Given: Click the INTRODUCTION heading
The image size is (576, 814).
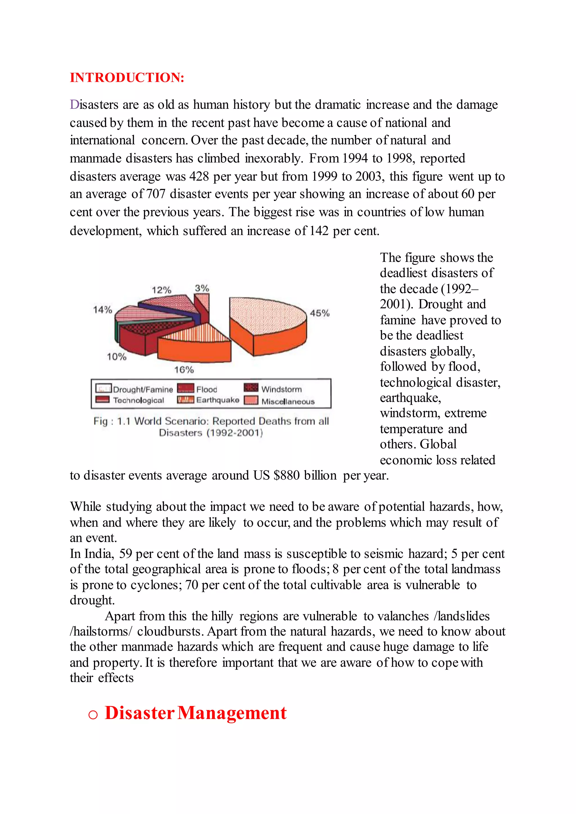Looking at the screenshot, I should pos(127,78).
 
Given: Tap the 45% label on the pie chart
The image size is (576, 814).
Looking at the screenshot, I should pos(319,313).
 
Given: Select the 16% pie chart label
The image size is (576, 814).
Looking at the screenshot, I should pos(184,370).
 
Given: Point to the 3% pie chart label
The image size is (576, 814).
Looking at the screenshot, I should pos(202,288).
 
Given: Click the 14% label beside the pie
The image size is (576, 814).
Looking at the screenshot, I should pos(102,309).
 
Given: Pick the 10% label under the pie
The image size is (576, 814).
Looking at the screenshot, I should pos(117,357).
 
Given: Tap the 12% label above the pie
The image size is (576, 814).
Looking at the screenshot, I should pos(162,290).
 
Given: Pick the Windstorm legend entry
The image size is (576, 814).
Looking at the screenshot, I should pos(273,389).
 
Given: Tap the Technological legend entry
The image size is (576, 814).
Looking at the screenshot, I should pos(130,400).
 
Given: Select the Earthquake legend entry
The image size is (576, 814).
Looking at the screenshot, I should pos(209,400).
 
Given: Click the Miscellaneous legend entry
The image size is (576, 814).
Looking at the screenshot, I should pos(280,401).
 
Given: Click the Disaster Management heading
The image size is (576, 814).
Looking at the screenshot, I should pos(195,713).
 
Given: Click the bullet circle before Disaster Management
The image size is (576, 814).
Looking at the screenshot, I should pos(93,715).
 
